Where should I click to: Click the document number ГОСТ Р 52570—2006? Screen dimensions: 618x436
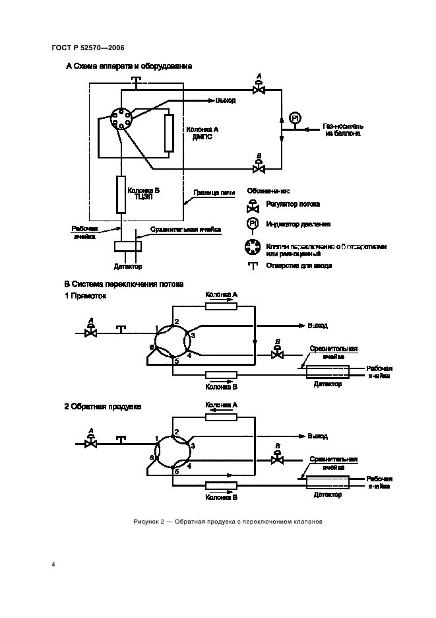tap(88, 48)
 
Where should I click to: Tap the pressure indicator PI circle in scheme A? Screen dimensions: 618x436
tap(295, 118)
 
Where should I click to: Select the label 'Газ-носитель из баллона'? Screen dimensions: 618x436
tap(344, 129)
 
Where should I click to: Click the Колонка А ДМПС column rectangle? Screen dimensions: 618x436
tap(169, 133)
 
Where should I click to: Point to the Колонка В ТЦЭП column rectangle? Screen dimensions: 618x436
tap(121, 194)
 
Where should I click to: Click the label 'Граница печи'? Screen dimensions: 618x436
tap(214, 193)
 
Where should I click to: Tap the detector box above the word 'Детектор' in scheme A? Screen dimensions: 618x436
tap(127, 246)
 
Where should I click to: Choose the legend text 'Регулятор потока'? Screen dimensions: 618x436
tap(292, 205)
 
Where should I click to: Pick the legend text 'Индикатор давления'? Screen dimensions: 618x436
tap(297, 224)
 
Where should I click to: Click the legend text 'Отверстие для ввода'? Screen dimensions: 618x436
tap(299, 265)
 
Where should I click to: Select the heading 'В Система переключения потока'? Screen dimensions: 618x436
tap(123, 284)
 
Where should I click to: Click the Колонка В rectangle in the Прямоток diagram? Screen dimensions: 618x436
tap(221, 376)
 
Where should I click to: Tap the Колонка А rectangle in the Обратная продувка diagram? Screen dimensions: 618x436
tap(221, 417)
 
